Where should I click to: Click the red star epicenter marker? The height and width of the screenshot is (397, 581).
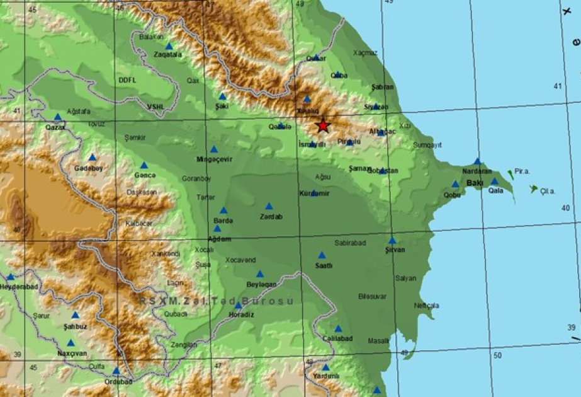coord(322,125)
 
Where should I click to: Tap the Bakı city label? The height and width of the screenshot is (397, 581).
coord(474,183)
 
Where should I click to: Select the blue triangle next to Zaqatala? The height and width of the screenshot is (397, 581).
coord(169,46)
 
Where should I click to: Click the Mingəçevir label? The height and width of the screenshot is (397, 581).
coord(215,159)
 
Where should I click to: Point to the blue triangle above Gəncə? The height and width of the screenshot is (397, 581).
coord(144,165)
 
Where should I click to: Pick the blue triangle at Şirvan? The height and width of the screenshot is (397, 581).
coord(392,240)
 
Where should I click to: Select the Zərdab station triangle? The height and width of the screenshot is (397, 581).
coord(269,206)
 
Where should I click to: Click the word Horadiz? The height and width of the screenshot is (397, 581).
coord(241,314)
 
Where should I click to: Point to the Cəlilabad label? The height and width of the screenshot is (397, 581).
coord(337,338)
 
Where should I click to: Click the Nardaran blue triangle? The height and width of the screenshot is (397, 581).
coord(477,161)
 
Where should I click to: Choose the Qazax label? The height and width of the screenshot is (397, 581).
coord(55,127)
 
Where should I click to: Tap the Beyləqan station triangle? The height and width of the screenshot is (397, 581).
coord(259,274)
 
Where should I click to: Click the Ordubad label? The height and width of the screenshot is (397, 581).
coord(118,381)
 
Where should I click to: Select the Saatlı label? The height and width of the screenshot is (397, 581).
coord(324,265)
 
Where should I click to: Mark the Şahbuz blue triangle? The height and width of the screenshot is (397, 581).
coord(76,315)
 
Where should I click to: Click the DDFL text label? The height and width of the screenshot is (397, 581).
coord(127,80)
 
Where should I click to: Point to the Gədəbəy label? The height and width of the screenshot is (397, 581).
coord(87,168)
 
